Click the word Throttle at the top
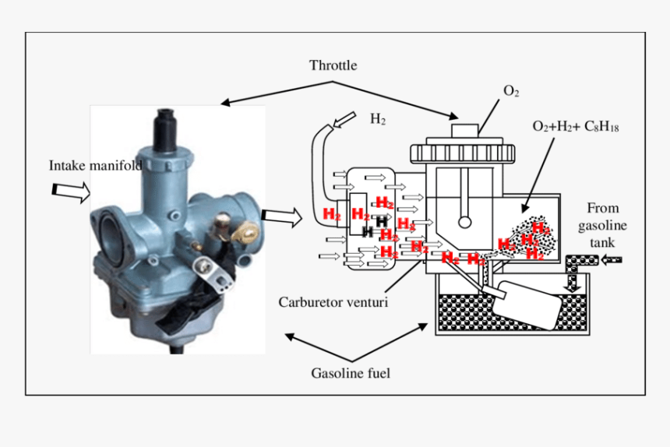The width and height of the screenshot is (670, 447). pos(333,65)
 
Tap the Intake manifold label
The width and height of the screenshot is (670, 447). pos(95,165)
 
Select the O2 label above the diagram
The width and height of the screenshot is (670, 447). pos(511,92)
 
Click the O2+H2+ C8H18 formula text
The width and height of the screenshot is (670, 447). pos(575,126)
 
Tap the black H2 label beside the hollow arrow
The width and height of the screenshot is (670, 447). pos(377,119)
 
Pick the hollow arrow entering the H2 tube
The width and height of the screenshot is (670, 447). pos(344,121)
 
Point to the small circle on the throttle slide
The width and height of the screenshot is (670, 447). pos(464,222)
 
